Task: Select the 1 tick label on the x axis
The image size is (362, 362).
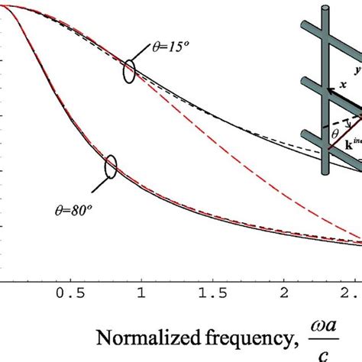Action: tap(141, 294)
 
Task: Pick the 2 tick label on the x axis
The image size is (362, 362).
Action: tap(284, 294)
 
